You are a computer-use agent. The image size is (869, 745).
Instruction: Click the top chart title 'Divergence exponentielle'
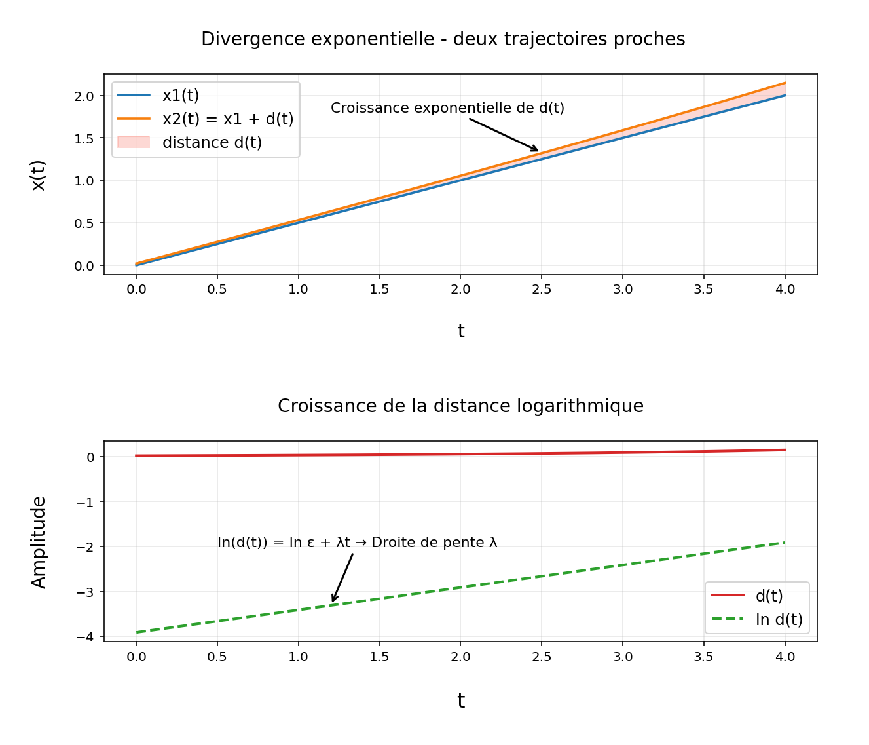click(x=443, y=39)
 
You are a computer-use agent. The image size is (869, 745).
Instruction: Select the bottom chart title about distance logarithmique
click(x=460, y=406)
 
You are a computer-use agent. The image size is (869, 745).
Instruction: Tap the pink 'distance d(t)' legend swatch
click(x=134, y=143)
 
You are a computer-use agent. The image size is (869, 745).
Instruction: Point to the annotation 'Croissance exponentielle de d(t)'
click(x=447, y=108)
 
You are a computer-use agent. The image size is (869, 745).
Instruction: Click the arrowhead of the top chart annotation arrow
click(x=538, y=151)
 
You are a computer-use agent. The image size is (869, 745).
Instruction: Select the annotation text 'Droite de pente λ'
click(x=434, y=543)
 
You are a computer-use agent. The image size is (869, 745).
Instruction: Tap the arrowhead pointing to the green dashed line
click(x=333, y=600)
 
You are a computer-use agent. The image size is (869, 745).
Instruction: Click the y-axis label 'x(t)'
click(x=39, y=175)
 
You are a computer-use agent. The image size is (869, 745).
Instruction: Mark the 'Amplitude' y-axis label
click(x=39, y=542)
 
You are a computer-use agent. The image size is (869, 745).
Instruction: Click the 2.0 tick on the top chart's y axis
click(x=84, y=96)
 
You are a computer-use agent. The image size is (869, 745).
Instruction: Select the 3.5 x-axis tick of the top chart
click(x=704, y=289)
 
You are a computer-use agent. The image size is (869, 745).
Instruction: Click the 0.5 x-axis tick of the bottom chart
click(x=217, y=656)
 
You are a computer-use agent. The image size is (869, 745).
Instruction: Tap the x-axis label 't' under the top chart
click(x=460, y=332)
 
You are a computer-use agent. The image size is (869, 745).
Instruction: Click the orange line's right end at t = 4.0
click(x=785, y=83)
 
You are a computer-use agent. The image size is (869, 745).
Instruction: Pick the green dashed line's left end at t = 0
click(x=136, y=632)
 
